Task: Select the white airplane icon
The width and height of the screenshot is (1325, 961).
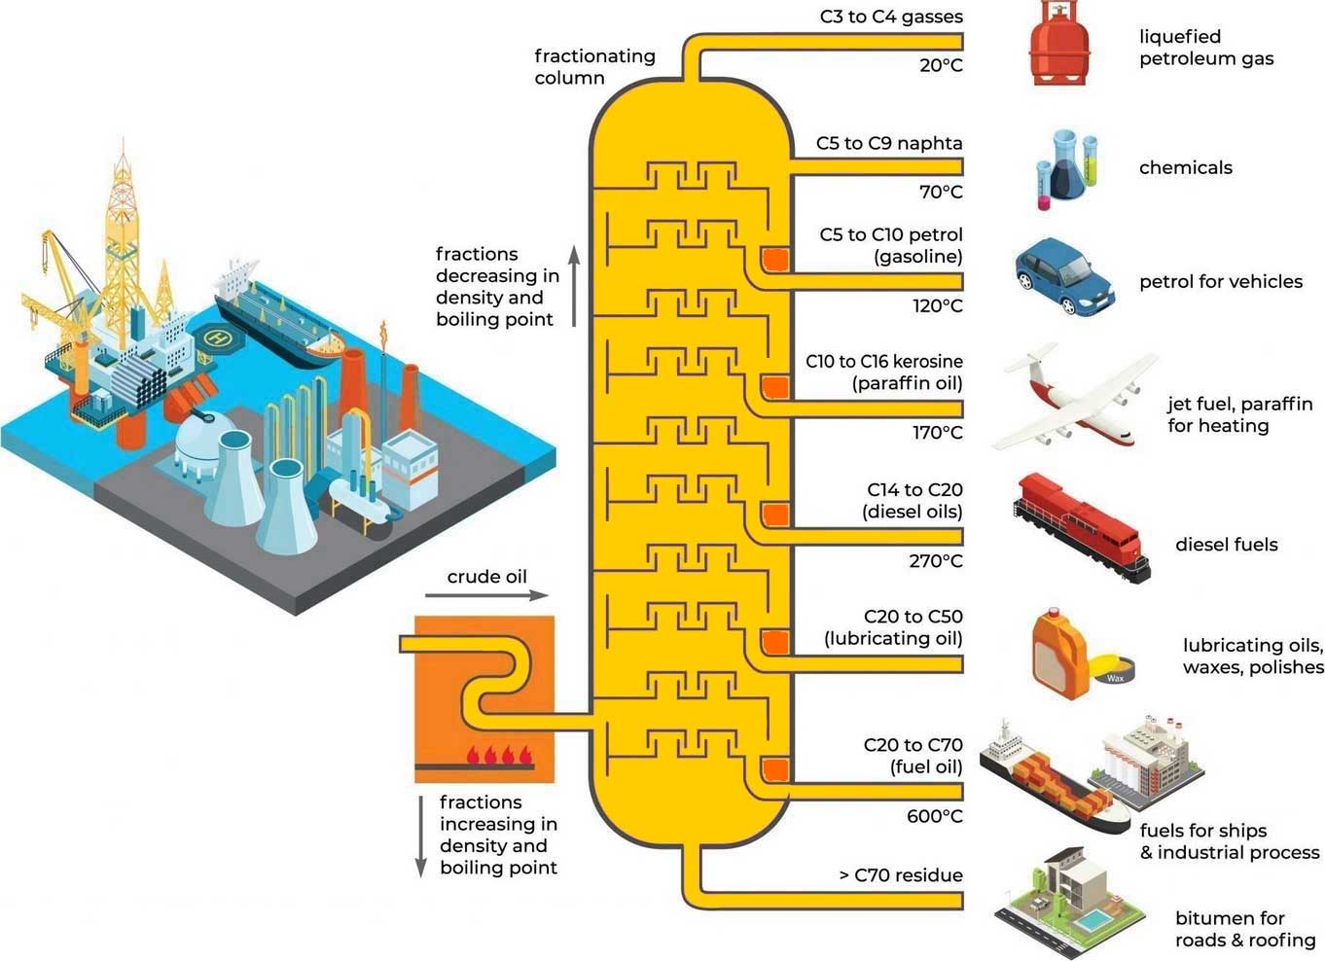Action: pos(1074,399)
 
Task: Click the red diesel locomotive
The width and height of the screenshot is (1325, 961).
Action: pos(1081,525)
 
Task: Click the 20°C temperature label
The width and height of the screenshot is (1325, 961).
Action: pos(941,66)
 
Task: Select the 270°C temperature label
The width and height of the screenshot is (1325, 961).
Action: pos(936,561)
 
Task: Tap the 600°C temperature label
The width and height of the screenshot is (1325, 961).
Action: pos(934,816)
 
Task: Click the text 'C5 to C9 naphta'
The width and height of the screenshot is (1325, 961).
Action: pos(889,144)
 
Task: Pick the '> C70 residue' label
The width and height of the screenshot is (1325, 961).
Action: pos(901,875)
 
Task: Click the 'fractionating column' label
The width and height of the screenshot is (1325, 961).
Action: pos(594,67)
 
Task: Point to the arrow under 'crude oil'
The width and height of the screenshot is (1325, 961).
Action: pos(486,595)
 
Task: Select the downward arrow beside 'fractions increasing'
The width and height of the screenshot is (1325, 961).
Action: pos(421,836)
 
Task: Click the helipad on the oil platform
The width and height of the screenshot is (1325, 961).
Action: pos(216,338)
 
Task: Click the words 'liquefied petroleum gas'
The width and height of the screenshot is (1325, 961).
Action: pos(1206,48)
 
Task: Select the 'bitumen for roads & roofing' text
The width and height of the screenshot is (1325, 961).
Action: pos(1244,929)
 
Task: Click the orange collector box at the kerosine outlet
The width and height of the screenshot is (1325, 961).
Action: pos(774,387)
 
